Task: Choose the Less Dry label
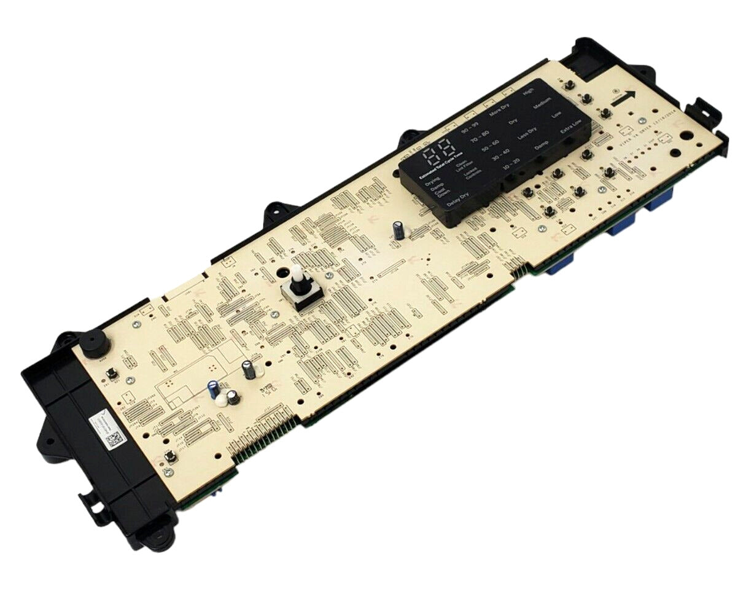click(527, 134)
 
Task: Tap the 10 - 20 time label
click(510, 165)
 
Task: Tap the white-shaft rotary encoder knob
click(299, 283)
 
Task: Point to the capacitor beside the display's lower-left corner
click(398, 230)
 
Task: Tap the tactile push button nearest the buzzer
click(113, 374)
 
